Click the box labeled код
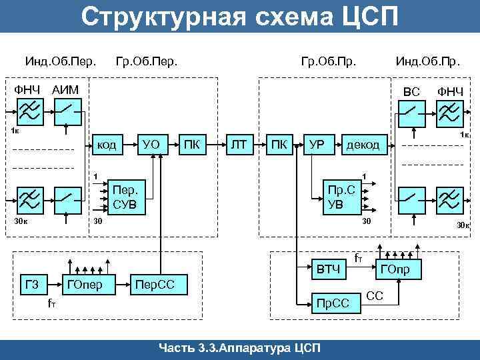coord(107,144)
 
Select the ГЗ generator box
coord(31,285)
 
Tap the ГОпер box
coord(85,285)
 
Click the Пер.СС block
coord(154,285)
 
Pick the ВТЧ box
coord(329,270)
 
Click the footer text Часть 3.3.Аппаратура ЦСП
coord(240,348)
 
